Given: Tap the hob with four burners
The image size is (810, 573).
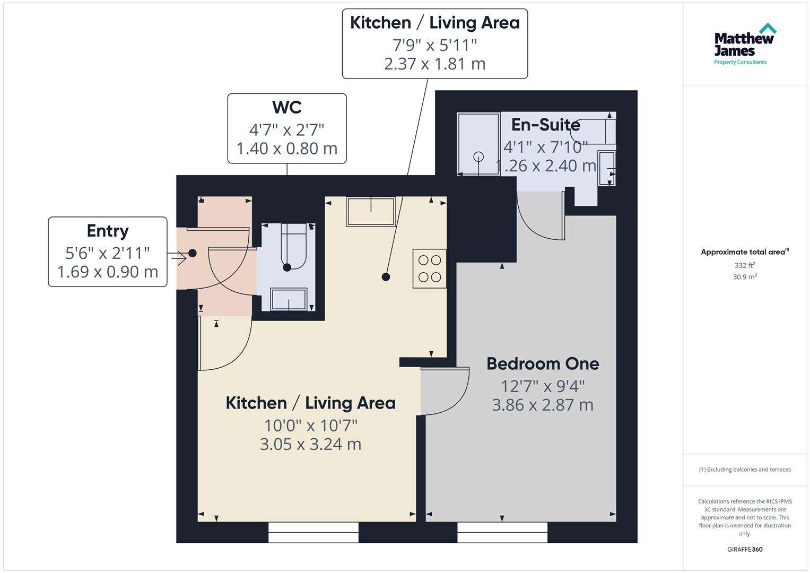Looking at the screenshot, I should pos(429,268).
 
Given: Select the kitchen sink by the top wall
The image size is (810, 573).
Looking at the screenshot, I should pos(371,212).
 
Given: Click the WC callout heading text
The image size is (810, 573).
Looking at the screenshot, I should pos(287,107).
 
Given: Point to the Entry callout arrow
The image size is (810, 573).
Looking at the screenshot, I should pos(177,258).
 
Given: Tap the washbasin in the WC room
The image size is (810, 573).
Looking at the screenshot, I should pos(289,299).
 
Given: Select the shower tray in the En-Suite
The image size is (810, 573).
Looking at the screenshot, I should pos(478,144).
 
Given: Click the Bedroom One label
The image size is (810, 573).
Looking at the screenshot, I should pos(543,364).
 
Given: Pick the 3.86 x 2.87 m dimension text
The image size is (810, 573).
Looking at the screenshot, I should pos(543,405).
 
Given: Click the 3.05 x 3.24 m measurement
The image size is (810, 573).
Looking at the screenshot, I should pos(310,444).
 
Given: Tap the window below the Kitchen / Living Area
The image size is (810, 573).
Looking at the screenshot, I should pos(313,532).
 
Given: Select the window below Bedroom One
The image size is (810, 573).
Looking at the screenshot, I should pos(502,532).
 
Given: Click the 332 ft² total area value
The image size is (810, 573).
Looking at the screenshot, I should pos(745,265).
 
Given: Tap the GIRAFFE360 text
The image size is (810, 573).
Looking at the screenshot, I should pos(745,549).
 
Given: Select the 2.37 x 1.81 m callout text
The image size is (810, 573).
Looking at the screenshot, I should pos(434,64).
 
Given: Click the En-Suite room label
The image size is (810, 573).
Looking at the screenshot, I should pos(545,125).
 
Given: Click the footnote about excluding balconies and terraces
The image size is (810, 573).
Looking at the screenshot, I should pos(745,470).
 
